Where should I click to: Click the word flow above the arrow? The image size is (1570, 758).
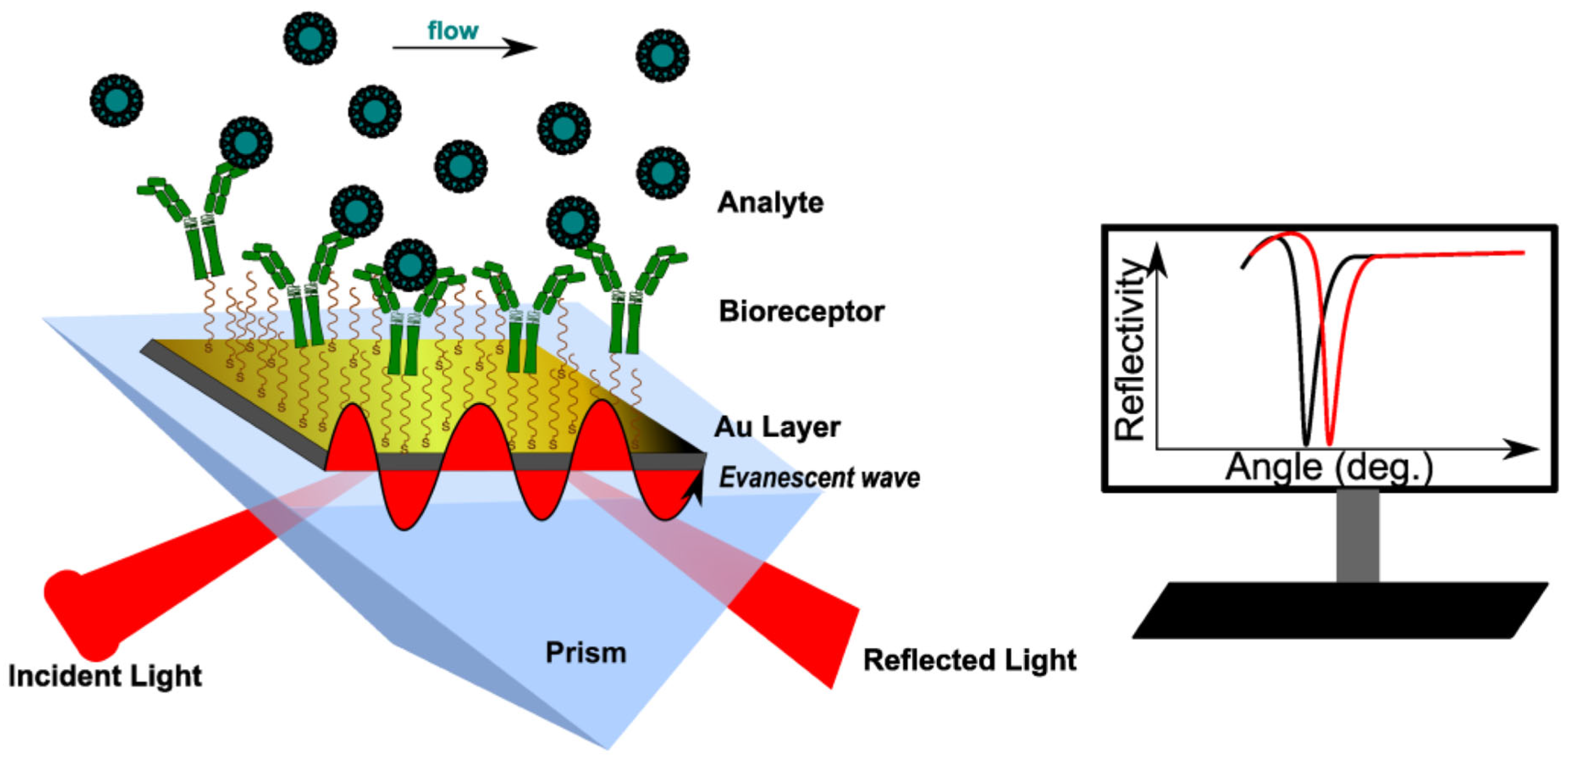click(x=453, y=30)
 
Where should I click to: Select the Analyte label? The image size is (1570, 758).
click(x=770, y=202)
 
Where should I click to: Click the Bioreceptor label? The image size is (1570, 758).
click(x=802, y=312)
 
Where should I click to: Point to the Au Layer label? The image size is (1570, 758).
click(x=777, y=427)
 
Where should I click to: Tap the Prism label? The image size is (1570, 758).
click(x=586, y=653)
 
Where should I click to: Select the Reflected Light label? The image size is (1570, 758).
click(x=970, y=661)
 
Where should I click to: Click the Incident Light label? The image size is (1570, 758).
click(x=105, y=676)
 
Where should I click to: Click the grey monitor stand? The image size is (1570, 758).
click(x=1357, y=535)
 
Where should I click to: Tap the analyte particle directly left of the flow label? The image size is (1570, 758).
click(x=310, y=39)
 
